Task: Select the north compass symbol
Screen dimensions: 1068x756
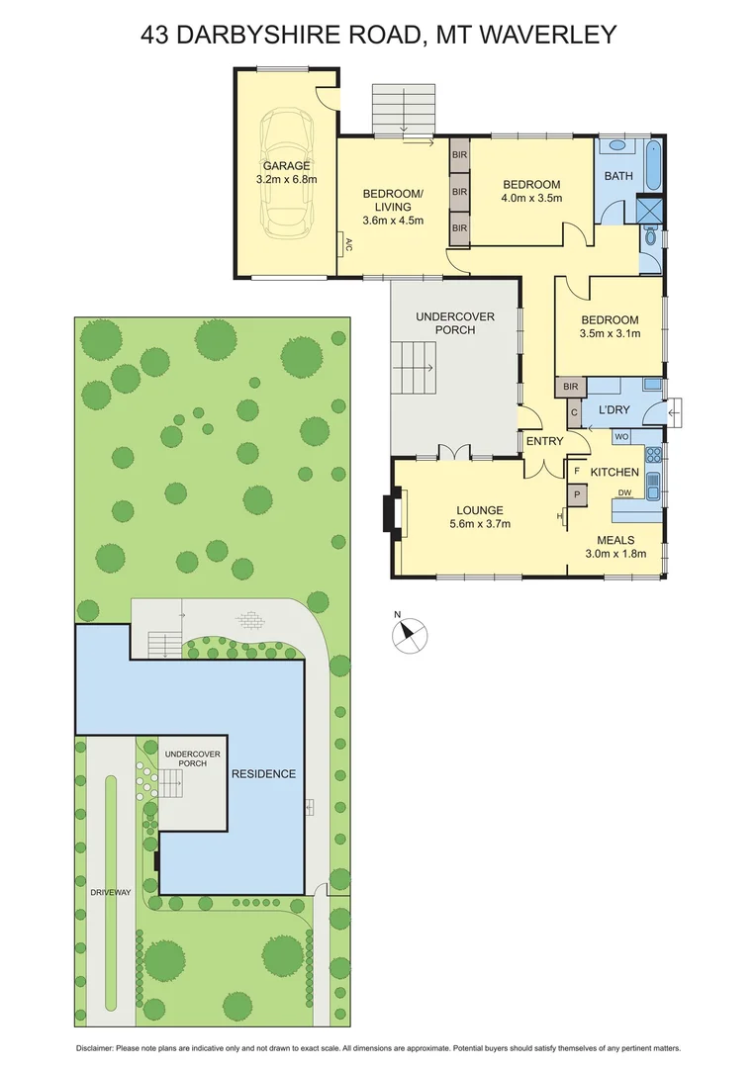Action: pyautogui.click(x=410, y=634)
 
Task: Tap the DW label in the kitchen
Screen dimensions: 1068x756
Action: pyautogui.click(x=624, y=492)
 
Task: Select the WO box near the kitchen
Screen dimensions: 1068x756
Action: pyautogui.click(x=621, y=436)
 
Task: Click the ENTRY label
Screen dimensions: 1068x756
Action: pyautogui.click(x=544, y=441)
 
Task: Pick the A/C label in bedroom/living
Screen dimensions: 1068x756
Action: pyautogui.click(x=348, y=245)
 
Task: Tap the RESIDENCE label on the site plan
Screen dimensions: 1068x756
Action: pyautogui.click(x=263, y=773)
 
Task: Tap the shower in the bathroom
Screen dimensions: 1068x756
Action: pyautogui.click(x=650, y=210)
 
